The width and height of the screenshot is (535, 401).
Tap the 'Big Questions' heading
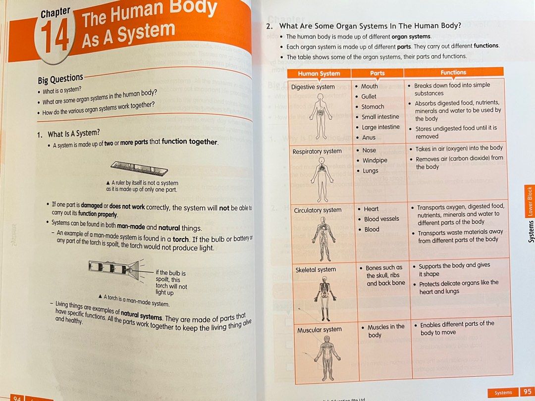pos(60,78)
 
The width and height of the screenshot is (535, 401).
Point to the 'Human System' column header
pos(319,73)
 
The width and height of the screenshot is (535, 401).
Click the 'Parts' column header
pos(377,73)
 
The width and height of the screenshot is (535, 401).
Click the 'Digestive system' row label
pos(313,87)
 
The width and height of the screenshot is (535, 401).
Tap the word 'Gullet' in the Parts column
pos(369,97)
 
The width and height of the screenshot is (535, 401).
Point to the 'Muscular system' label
pos(319,330)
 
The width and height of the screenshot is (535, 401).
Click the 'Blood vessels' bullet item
pos(381,219)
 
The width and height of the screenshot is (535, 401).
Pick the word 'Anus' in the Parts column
pos(369,138)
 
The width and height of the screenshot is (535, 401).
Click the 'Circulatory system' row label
pos(317,210)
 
